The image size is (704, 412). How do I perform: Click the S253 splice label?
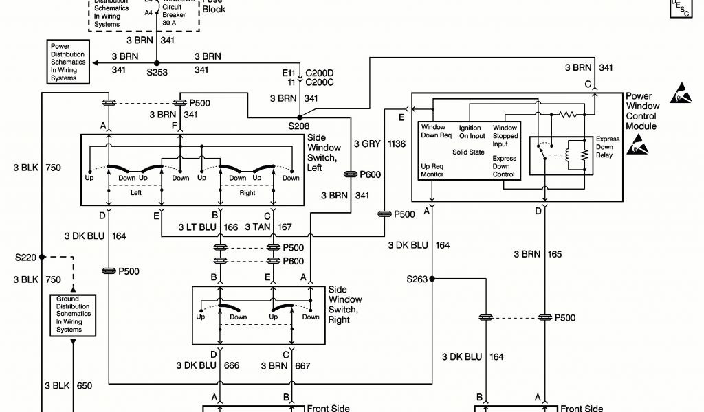[x=157, y=71]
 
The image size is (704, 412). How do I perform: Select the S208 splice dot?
[x=299, y=117]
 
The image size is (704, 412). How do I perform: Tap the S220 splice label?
[x=26, y=257]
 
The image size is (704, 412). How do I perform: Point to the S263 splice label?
[x=417, y=279]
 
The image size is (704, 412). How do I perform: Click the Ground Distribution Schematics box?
[x=69, y=314]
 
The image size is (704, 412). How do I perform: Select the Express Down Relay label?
[x=608, y=147]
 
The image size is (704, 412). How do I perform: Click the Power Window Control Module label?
[x=642, y=111]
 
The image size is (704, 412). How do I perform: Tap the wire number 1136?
[x=397, y=144]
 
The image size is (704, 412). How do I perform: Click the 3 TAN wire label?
[x=258, y=227]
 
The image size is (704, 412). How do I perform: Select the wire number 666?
[x=232, y=366]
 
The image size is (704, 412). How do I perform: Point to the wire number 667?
[x=302, y=366]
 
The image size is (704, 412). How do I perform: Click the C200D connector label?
[x=319, y=72]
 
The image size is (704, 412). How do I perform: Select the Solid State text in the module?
[x=469, y=151]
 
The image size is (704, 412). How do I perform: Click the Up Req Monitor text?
[x=432, y=170]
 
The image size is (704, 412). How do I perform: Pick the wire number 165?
[x=555, y=255]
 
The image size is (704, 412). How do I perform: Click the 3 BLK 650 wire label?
[x=68, y=387]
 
